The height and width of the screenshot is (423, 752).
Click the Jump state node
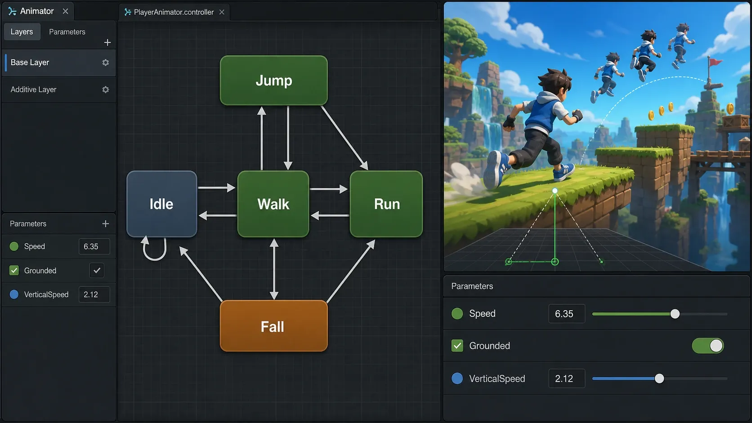pyautogui.click(x=273, y=80)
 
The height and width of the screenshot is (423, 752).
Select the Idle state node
pyautogui.click(x=161, y=204)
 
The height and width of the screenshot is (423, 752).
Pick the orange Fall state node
pyautogui.click(x=273, y=326)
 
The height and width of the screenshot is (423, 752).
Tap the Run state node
pyautogui.click(x=386, y=204)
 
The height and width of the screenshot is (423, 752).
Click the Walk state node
pyautogui.click(x=273, y=204)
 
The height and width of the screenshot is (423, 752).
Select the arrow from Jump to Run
pyautogui.click(x=345, y=138)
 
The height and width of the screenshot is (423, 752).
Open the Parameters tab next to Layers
pyautogui.click(x=67, y=32)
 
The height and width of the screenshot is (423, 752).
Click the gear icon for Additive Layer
pyautogui.click(x=105, y=89)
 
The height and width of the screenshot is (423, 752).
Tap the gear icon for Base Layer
pyautogui.click(x=105, y=63)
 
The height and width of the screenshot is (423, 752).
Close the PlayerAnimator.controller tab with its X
pyautogui.click(x=222, y=12)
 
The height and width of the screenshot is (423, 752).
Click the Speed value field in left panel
pyautogui.click(x=94, y=246)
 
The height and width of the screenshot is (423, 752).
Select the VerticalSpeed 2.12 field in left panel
pyautogui.click(x=94, y=294)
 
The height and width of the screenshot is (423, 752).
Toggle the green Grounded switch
pyautogui.click(x=707, y=346)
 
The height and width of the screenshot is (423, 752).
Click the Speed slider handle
pyautogui.click(x=675, y=314)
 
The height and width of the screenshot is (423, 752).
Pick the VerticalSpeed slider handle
pyautogui.click(x=659, y=378)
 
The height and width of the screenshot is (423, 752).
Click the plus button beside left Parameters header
pyautogui.click(x=105, y=224)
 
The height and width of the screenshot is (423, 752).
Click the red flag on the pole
pyautogui.click(x=716, y=62)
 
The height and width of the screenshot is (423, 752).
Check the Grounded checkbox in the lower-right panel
pyautogui.click(x=457, y=346)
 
